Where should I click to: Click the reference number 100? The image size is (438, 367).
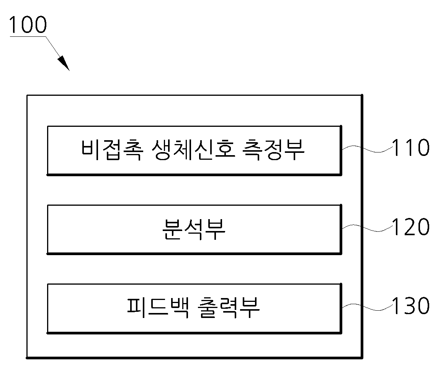click(28, 25)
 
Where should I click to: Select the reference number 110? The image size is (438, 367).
click(410, 147)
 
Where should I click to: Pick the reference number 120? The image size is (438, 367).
click(410, 226)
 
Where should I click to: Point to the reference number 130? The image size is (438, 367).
click(410, 305)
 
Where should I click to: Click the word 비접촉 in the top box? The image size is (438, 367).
click(112, 149)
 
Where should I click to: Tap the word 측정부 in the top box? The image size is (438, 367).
click(273, 149)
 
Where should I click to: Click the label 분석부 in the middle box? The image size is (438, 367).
click(194, 229)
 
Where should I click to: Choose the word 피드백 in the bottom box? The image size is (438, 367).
click(157, 308)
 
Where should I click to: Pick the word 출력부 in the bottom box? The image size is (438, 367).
click(229, 308)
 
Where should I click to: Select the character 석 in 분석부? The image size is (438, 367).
click(194, 229)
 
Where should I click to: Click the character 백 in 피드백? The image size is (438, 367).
click(179, 308)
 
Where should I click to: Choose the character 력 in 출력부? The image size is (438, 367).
click(229, 308)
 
